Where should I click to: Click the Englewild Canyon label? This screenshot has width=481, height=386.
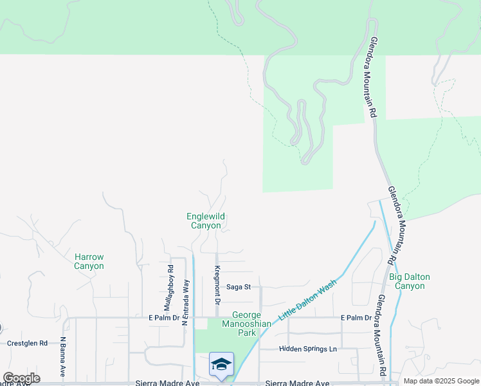click(206, 221)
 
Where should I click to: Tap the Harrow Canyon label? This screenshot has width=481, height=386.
click(89, 261)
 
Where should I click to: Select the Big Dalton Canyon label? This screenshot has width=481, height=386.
click(410, 281)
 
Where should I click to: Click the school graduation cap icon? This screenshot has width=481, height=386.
click(221, 364)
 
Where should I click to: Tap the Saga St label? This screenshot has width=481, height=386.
click(238, 287)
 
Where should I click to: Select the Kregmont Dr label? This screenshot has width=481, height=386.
click(217, 285)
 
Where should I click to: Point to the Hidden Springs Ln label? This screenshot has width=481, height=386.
click(307, 349)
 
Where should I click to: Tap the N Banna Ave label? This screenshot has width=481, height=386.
click(63, 356)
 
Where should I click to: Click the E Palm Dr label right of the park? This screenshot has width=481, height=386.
click(357, 318)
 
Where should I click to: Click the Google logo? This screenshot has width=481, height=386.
click(21, 378)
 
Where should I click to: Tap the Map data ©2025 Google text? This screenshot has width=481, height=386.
click(441, 381)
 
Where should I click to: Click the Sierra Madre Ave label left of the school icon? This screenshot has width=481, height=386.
click(165, 383)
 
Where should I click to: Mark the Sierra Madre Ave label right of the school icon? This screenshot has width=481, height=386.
click(293, 383)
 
